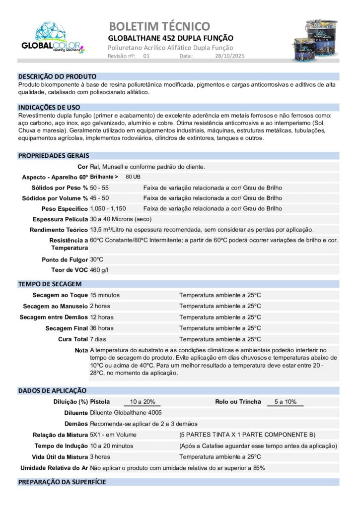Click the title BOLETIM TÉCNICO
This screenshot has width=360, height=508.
[159, 26]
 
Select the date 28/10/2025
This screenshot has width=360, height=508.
[230, 57]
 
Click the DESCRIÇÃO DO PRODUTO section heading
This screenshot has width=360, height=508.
[57, 77]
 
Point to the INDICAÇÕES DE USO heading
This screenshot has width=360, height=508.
[49, 107]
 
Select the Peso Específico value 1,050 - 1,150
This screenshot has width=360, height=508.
[108, 208]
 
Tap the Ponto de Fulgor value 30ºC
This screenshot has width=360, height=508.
[97, 259]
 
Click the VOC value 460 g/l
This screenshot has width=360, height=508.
[99, 270]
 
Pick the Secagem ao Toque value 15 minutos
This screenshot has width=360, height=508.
[105, 295]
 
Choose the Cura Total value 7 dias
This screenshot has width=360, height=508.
[98, 339]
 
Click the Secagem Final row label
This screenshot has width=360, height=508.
[67, 328]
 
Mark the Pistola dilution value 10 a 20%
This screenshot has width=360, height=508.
[143, 402]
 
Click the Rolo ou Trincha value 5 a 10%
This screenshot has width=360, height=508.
[285, 402]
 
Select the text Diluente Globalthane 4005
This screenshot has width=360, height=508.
[126, 413]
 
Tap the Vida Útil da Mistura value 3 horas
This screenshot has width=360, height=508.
[100, 457]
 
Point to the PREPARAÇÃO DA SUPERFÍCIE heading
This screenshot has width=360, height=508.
[62, 482]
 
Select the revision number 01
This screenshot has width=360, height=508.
[146, 57]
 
